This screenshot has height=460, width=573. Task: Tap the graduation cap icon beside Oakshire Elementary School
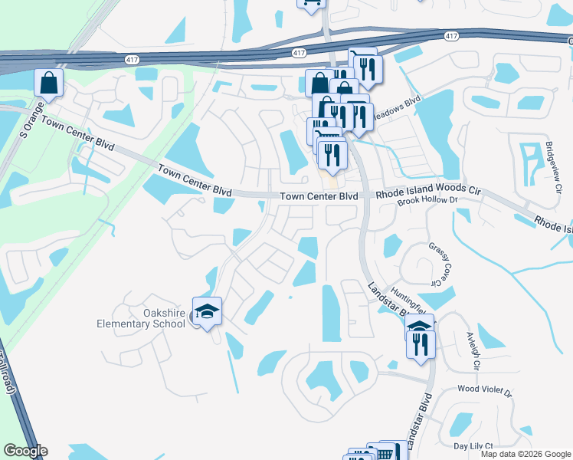(206, 311)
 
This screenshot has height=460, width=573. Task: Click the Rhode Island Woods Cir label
(424, 195)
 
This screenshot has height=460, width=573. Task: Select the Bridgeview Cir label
(549, 164)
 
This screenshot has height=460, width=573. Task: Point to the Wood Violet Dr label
(484, 389)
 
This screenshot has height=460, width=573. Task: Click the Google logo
(25, 451)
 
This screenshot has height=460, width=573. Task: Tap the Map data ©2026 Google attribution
(526, 454)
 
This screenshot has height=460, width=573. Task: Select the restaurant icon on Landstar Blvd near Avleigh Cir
(421, 344)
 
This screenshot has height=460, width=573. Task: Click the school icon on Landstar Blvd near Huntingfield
(419, 328)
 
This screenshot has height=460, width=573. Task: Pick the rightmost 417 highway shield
(451, 36)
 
